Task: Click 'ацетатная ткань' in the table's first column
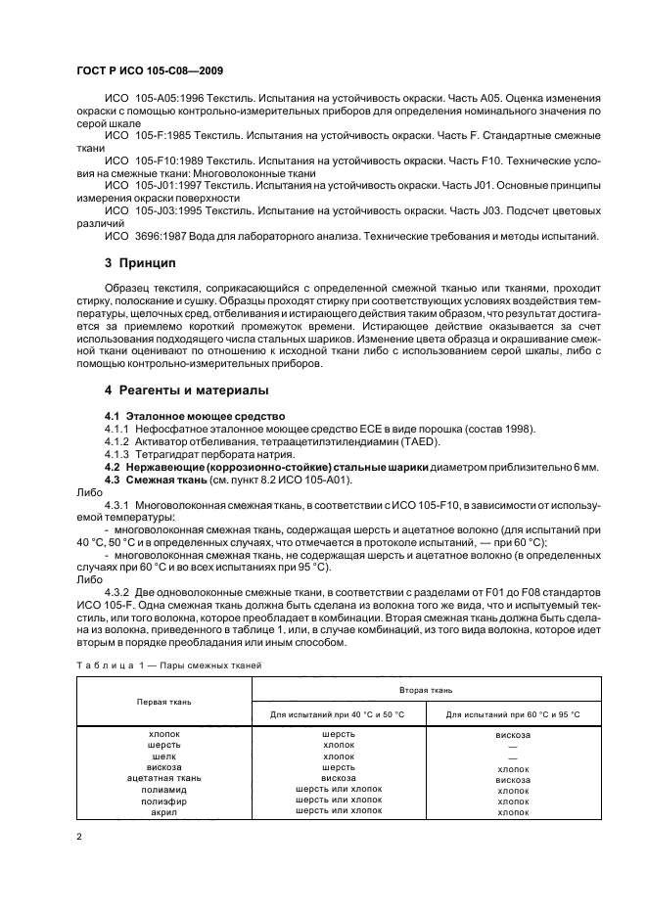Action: pyautogui.click(x=164, y=778)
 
